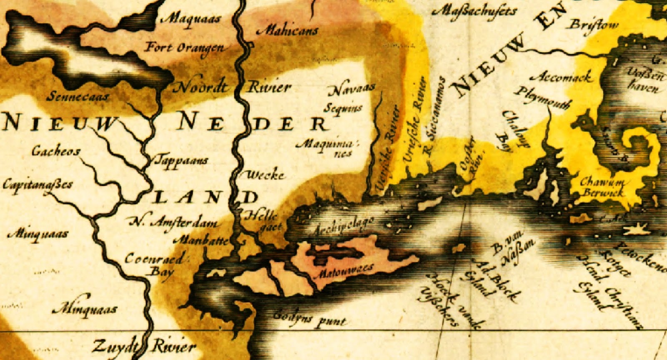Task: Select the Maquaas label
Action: (x=191, y=19)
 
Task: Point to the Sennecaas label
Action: (x=78, y=97)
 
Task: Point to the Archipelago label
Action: (x=343, y=226)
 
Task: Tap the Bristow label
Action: (x=594, y=25)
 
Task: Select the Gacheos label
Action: (x=56, y=151)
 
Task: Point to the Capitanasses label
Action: (x=38, y=184)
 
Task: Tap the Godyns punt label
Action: (x=309, y=319)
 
